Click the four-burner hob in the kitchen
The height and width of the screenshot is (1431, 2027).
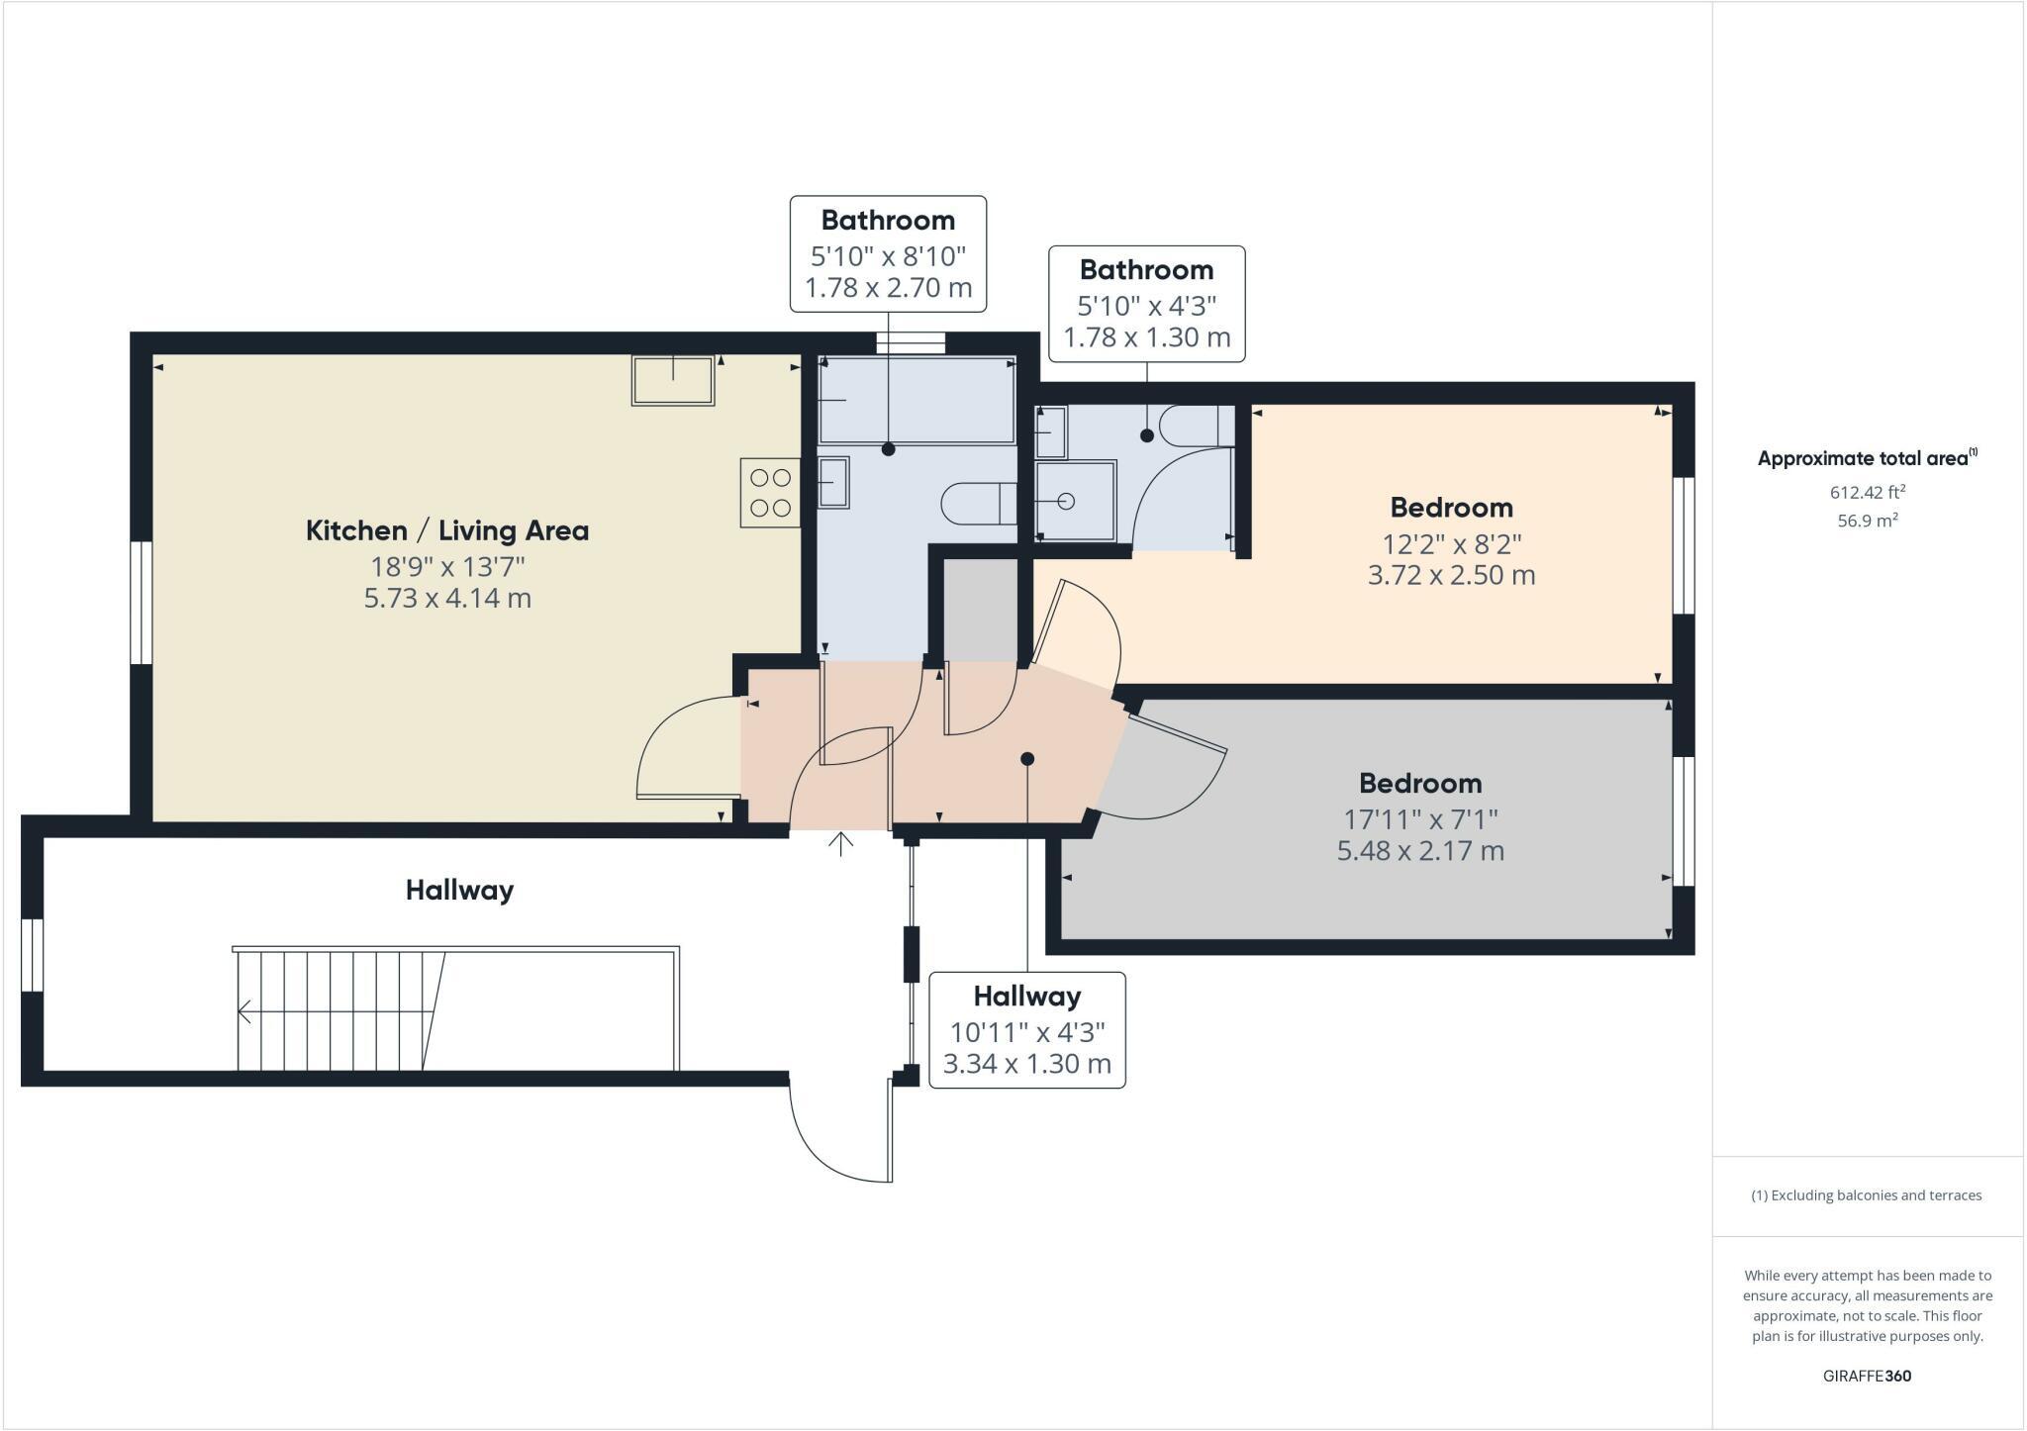point(770,493)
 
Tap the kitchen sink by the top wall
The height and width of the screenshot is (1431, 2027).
point(673,381)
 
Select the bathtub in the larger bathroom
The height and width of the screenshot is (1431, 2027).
point(917,401)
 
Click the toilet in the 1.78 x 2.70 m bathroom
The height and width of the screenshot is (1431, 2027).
point(978,504)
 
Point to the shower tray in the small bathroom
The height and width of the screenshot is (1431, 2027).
point(1075,501)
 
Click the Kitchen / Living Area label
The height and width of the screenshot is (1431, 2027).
point(447,531)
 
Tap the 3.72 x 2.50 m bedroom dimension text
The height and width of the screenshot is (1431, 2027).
point(1451,575)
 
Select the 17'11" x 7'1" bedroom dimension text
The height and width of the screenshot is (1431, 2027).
point(1420,819)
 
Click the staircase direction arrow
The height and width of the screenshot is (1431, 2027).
point(244,1011)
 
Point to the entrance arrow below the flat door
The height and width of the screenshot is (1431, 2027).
point(840,844)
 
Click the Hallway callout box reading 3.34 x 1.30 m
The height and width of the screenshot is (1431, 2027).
point(1026,1030)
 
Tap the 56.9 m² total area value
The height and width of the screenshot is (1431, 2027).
point(1867,521)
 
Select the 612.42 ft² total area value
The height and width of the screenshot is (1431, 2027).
point(1867,492)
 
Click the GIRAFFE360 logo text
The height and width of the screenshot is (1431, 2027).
point(1867,1376)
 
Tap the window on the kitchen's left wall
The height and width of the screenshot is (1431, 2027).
point(142,602)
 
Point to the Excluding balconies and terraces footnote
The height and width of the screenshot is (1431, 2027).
point(1867,1195)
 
